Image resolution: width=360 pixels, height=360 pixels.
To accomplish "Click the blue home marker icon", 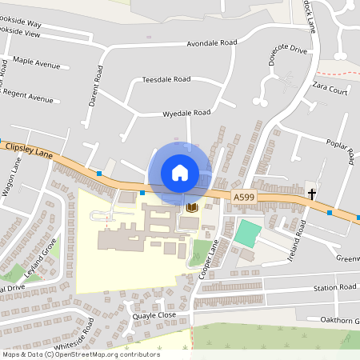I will [x=179, y=172].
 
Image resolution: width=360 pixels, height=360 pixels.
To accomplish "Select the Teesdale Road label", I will [x=166, y=80].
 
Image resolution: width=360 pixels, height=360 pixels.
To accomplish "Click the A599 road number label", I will [x=243, y=196].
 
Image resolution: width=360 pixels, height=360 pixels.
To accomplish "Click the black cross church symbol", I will [x=312, y=193].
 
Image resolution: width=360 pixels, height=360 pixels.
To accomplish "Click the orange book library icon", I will [x=192, y=207].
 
